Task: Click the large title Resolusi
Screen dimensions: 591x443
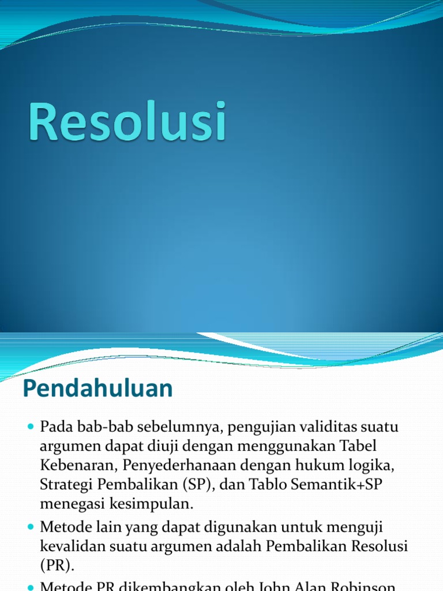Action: click(127, 121)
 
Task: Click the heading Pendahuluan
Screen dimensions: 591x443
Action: click(97, 389)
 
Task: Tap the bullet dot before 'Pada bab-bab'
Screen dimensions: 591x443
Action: click(31, 428)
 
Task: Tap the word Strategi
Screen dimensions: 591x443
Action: click(64, 484)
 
